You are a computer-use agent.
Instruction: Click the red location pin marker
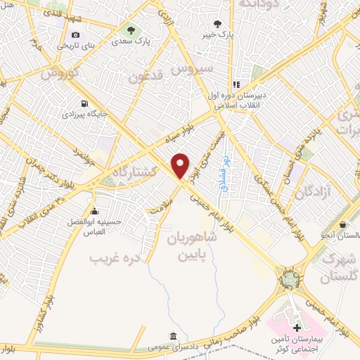tap(181, 166)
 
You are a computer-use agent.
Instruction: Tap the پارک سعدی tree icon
tap(130, 30)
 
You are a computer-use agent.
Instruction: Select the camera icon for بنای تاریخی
tap(76, 34)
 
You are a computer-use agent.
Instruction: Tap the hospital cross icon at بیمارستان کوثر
tap(297, 328)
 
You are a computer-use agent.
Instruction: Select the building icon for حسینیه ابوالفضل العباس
tap(95, 210)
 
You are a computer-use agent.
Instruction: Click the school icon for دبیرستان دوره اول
tap(237, 84)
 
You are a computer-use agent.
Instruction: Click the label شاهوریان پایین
tap(192, 246)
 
